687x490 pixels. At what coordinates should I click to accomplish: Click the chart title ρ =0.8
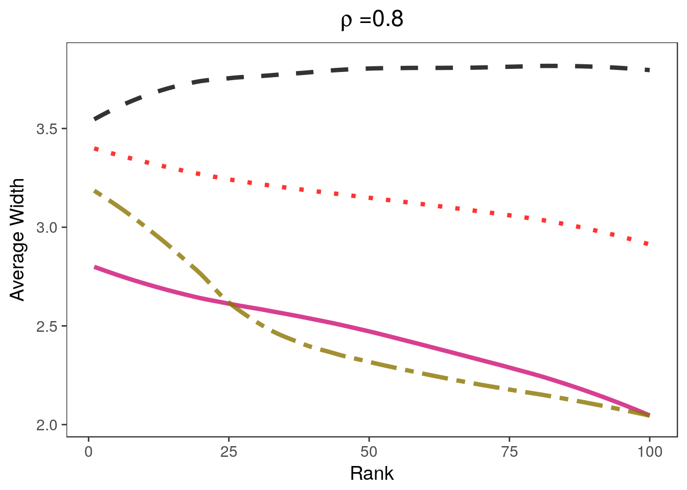click(372, 20)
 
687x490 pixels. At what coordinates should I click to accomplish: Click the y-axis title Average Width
click(17, 240)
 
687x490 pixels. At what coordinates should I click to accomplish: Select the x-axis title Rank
click(372, 474)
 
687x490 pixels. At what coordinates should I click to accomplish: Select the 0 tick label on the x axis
click(88, 452)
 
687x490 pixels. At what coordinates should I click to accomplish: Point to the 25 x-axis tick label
click(228, 452)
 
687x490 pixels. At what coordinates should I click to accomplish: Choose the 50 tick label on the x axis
click(369, 452)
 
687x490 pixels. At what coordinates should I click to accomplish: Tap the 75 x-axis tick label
click(509, 452)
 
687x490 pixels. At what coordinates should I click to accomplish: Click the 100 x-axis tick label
click(649, 452)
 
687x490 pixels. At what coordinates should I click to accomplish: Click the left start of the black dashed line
click(95, 119)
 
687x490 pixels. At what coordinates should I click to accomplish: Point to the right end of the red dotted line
click(648, 244)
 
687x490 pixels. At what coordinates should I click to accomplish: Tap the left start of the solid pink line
click(95, 267)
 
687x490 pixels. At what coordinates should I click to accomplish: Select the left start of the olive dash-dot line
click(95, 191)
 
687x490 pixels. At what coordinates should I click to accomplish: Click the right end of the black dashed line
click(649, 69)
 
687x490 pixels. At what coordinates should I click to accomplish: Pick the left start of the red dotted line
click(95, 149)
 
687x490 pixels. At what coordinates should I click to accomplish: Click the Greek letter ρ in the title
click(347, 21)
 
